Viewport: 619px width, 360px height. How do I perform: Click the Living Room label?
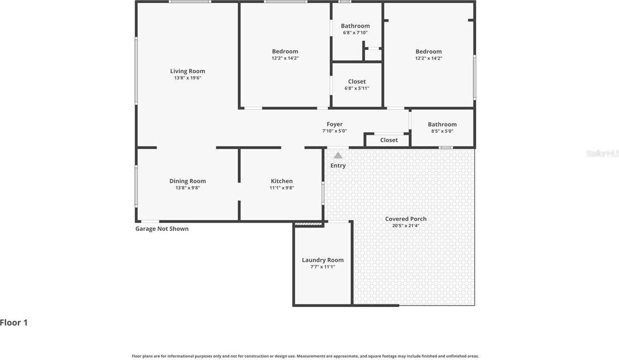pos(187,71)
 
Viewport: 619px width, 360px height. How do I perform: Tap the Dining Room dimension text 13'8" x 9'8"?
pos(187,188)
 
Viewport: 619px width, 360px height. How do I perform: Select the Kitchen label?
pos(282,181)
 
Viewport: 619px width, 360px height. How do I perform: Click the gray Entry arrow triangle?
pos(338,155)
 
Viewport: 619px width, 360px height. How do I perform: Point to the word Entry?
pos(338,165)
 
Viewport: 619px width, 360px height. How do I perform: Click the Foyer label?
pos(335,124)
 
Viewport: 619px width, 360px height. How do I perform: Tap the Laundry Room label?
pos(323,260)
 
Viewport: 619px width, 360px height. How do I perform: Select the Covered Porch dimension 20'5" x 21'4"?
pos(406,226)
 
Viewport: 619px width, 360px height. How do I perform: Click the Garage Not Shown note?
pos(162,229)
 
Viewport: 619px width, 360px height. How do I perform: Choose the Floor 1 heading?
pos(14,322)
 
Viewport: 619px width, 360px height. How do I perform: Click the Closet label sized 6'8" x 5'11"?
pos(357,81)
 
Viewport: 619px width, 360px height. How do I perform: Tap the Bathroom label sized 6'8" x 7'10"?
pos(355,26)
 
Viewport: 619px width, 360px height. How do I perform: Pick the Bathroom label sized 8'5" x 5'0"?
pos(442,124)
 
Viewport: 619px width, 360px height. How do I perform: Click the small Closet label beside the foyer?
pos(389,140)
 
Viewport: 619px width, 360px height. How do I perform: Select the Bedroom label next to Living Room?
pos(285,51)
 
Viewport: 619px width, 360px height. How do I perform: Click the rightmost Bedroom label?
pos(428,51)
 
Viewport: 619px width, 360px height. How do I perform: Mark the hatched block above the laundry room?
pos(309,224)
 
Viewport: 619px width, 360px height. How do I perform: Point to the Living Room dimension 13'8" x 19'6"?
pos(187,78)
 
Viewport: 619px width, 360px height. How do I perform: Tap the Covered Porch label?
pos(406,219)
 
